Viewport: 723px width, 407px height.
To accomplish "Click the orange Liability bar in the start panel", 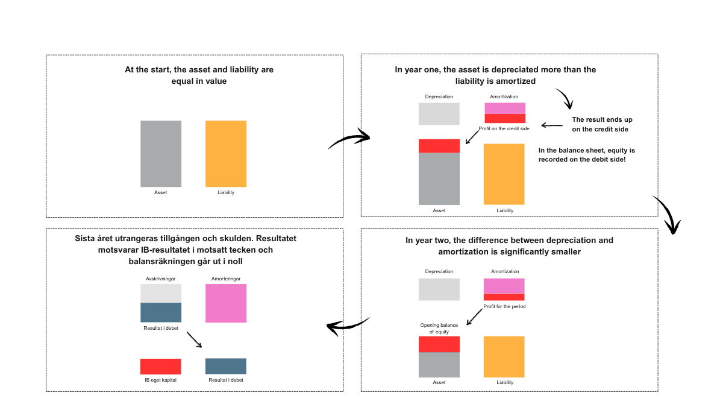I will pos(226,154).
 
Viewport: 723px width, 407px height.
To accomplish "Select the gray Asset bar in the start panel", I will pos(161,154).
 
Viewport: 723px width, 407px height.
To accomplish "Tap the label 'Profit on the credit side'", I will pos(504,128).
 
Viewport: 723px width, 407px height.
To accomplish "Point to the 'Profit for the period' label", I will pos(504,306).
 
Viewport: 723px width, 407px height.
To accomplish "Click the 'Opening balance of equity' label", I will pos(439,329).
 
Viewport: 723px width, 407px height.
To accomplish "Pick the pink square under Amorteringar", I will pos(226,303).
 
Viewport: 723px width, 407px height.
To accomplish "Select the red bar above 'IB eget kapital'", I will pos(161,366).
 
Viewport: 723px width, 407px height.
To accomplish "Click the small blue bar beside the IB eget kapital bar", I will pos(226,366).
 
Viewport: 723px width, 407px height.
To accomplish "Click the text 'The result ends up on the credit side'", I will pos(602,124).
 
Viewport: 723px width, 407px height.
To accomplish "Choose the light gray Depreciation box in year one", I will pos(439,114).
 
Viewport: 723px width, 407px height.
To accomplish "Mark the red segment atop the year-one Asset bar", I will pos(439,146).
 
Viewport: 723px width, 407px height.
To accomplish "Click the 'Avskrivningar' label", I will pos(161,279).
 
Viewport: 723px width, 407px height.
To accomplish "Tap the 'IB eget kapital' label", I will pos(161,380).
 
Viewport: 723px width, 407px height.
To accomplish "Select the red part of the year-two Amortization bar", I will pos(504,297).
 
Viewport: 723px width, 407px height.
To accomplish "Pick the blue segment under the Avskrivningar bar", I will pos(161,312).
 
